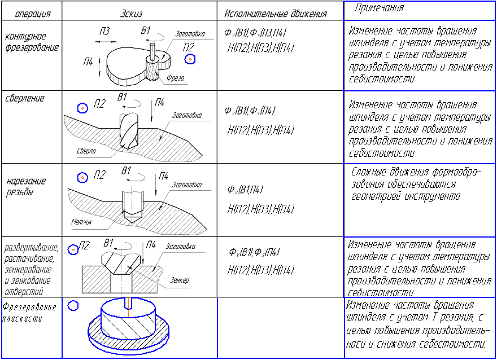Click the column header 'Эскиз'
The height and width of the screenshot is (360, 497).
[131, 14]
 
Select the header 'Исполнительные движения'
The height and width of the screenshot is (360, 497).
[276, 14]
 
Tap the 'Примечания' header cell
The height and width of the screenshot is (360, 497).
[379, 7]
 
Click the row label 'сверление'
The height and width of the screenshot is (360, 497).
[25, 98]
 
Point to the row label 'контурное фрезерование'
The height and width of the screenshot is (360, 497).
[32, 42]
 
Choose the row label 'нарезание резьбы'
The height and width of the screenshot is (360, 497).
[26, 187]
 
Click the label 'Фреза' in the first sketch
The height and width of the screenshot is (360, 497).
[175, 78]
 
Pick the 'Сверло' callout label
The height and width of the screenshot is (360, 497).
[86, 151]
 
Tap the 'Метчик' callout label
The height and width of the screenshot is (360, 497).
[81, 222]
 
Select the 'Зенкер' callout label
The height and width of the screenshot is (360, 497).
[180, 280]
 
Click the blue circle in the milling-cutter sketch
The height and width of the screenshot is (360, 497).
[190, 59]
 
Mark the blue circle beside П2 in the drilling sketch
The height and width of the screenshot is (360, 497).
[82, 108]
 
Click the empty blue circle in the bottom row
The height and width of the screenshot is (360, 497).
[73, 305]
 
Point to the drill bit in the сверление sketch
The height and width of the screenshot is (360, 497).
[129, 130]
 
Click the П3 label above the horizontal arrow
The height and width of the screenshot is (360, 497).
[104, 31]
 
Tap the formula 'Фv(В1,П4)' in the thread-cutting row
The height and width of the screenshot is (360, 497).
[245, 190]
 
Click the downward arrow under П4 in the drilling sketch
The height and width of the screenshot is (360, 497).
[151, 111]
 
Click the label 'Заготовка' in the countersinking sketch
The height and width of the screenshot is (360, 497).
[180, 246]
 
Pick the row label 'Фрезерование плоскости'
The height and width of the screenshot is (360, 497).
[29, 313]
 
